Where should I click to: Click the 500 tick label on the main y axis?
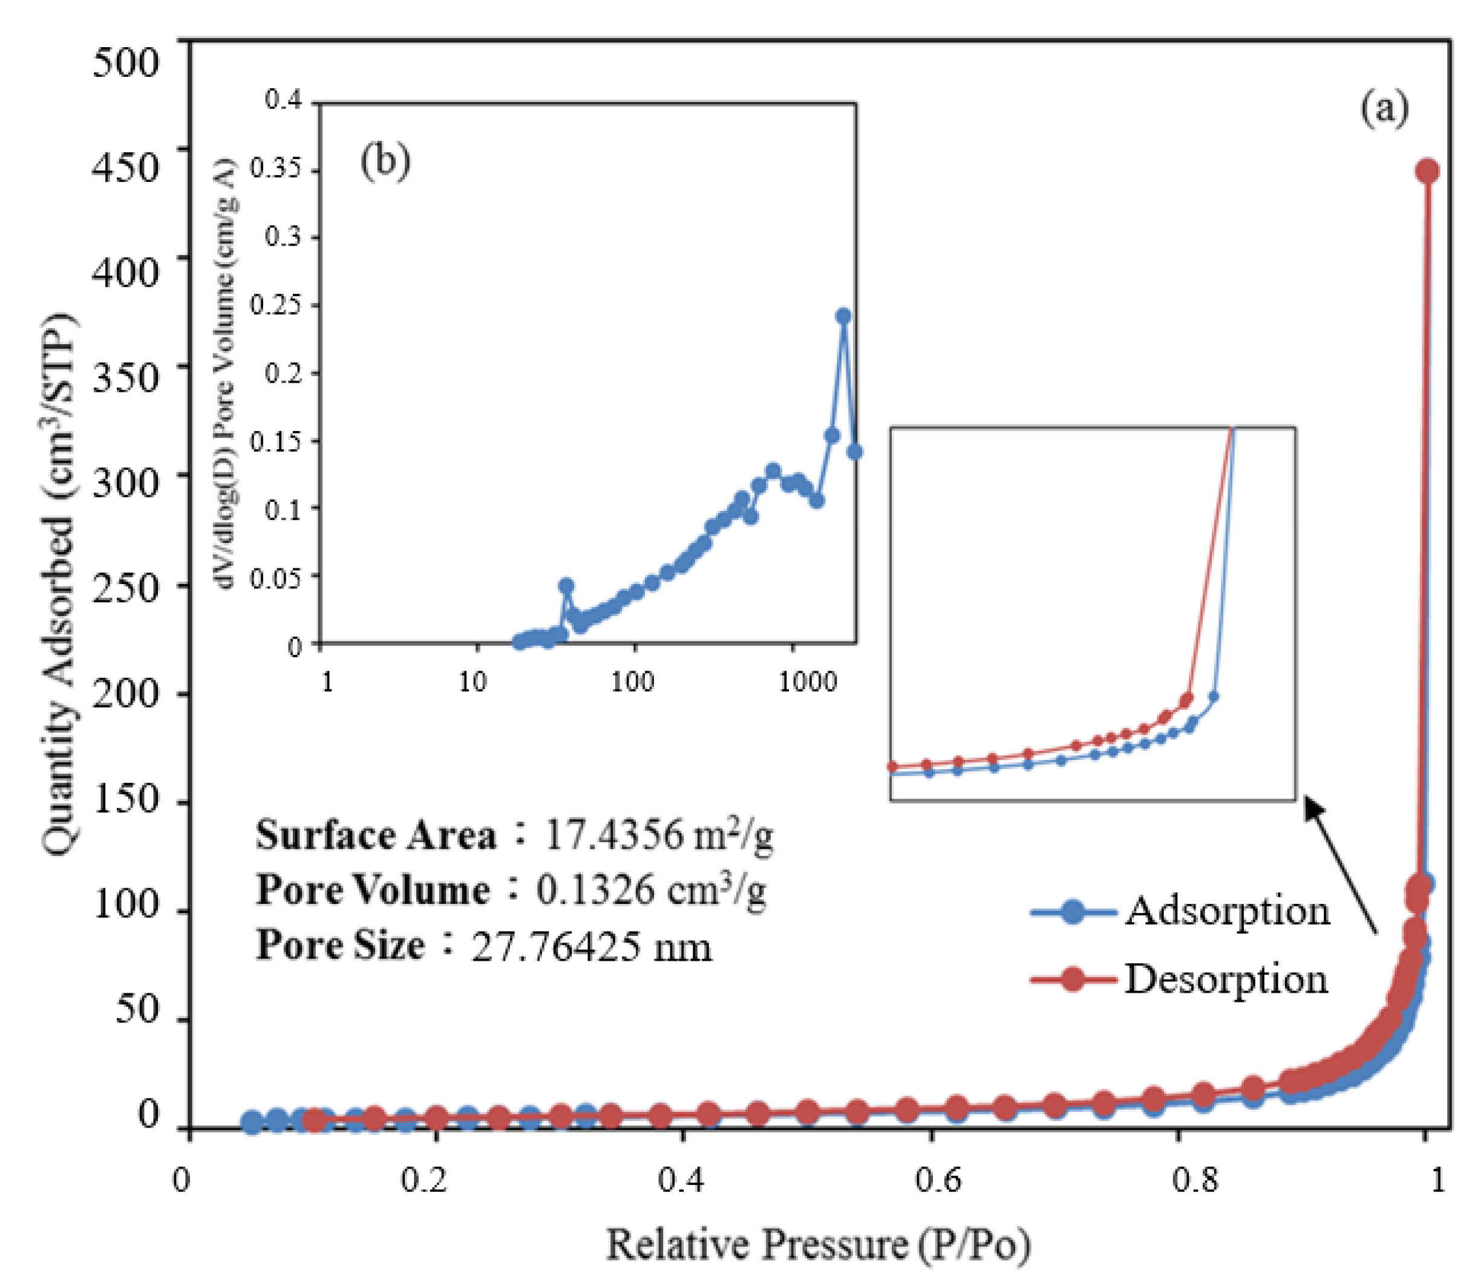[126, 62]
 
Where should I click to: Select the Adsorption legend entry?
[1180, 911]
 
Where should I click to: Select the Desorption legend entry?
[1180, 979]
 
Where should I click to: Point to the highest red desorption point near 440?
[1427, 170]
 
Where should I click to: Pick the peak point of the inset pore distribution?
[843, 316]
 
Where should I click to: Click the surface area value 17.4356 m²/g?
[659, 836]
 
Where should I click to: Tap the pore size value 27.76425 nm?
[592, 946]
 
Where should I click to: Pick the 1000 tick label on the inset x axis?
[808, 681]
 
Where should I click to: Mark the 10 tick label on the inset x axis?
[472, 681]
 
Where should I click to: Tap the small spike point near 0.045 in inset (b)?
[566, 586]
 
